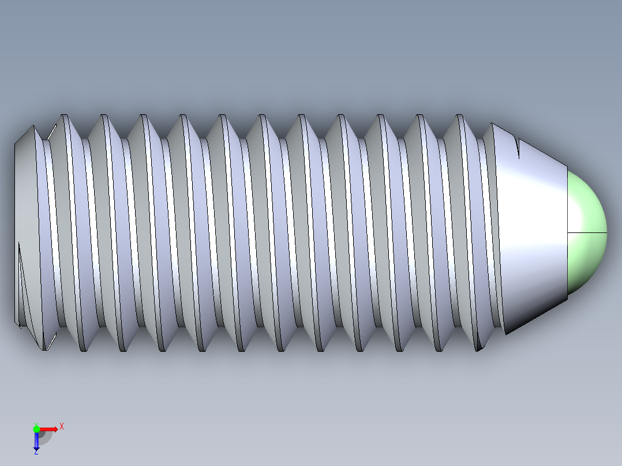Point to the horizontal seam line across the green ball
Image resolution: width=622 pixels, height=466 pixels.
[x=587, y=232]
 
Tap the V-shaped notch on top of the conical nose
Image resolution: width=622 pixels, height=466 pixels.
[x=518, y=148]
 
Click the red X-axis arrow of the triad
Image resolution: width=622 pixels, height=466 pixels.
[x=50, y=429]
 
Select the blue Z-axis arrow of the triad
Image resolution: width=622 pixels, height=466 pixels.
[x=36, y=442]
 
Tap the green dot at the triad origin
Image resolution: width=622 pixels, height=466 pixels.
[x=36, y=429]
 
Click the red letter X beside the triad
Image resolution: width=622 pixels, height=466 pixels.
[x=61, y=427]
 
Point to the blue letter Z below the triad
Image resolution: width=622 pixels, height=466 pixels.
[x=36, y=452]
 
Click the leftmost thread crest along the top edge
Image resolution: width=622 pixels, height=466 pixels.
[x=63, y=116]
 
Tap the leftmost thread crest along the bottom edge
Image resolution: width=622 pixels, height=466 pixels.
[x=84, y=349]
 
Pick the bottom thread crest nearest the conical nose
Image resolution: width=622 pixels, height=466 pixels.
[x=478, y=349]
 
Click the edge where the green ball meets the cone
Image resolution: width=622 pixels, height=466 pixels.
[x=568, y=231]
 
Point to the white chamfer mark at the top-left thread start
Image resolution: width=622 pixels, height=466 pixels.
[x=51, y=133]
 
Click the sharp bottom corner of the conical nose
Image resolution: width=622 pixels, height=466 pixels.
[x=505, y=333]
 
